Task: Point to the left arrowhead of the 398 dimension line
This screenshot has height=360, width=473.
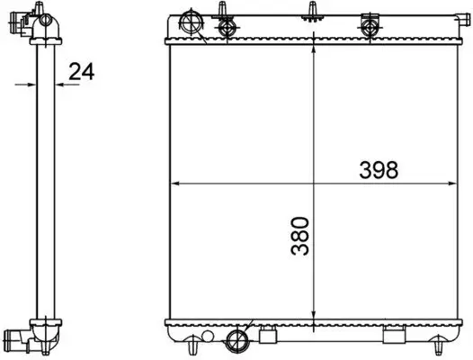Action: tap(175, 183)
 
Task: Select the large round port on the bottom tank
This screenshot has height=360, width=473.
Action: tap(239, 339)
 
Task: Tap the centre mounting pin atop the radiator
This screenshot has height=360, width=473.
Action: tap(311, 12)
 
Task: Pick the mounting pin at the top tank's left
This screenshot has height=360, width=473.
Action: tap(221, 11)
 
